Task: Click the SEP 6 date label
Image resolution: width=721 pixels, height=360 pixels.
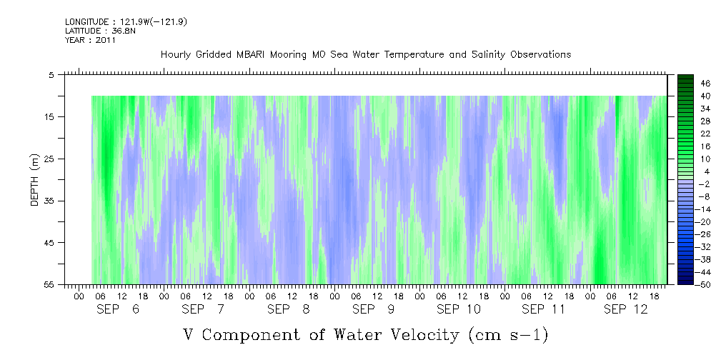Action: pyautogui.click(x=118, y=309)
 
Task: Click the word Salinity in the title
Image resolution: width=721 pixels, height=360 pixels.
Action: pyautogui.click(x=469, y=55)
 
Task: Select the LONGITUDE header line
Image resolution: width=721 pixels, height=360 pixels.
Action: pyautogui.click(x=126, y=22)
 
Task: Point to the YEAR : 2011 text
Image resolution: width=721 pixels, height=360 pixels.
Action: pyautogui.click(x=91, y=40)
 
